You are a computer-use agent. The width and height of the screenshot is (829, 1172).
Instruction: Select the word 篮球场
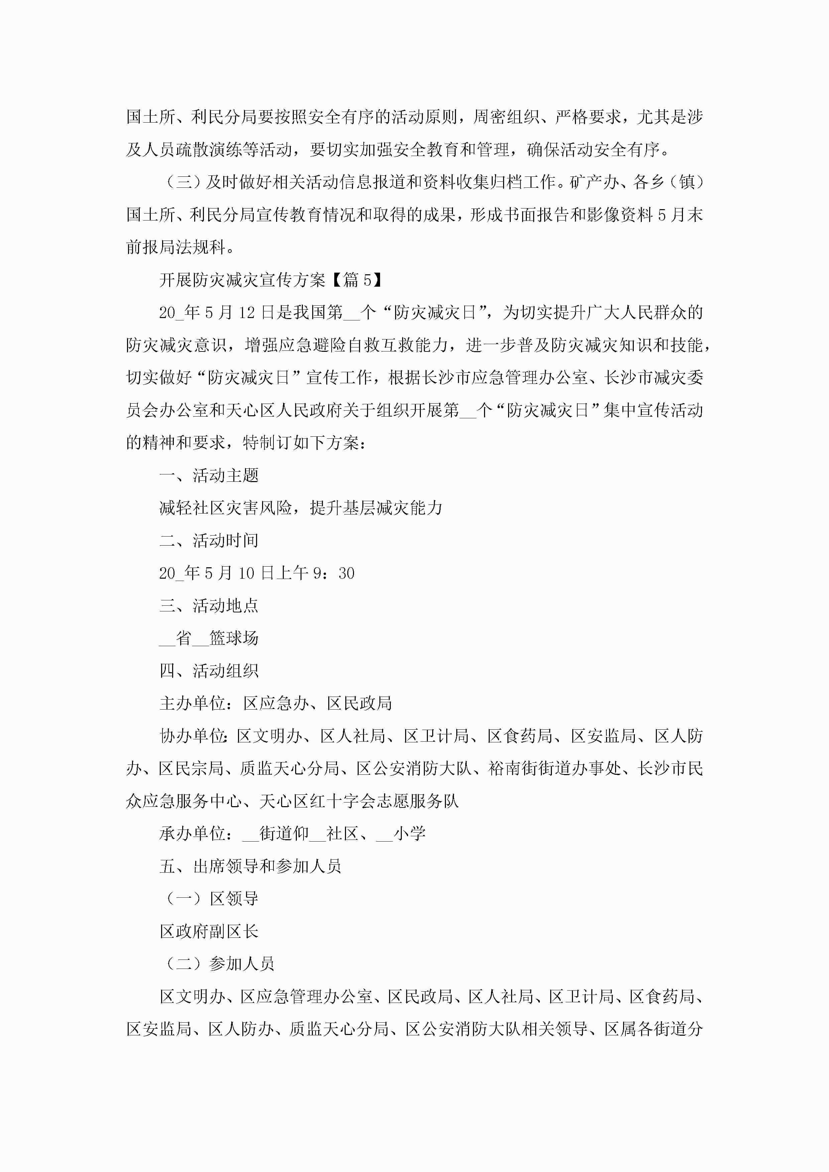coord(234,638)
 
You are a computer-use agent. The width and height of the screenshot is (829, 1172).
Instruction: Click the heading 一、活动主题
coord(209,475)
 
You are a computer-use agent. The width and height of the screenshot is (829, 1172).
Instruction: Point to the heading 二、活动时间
coord(209,541)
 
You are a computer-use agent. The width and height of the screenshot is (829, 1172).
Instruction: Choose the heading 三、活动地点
coord(209,606)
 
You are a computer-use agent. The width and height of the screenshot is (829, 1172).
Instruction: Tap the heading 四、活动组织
coord(209,671)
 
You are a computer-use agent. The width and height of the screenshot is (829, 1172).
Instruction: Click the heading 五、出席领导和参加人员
coord(250,867)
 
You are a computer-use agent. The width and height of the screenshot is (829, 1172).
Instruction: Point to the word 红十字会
coord(342,801)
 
